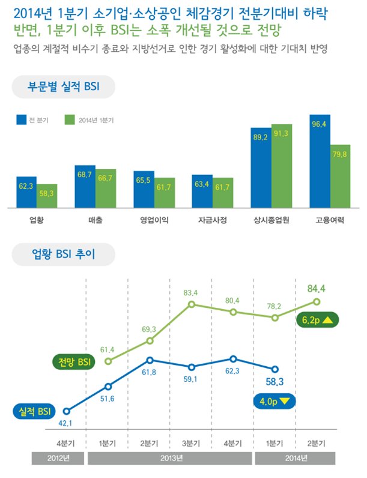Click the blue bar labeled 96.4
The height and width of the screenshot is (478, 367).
320,161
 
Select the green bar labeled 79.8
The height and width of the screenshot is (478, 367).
340,176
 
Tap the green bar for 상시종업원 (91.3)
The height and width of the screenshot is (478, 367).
282,166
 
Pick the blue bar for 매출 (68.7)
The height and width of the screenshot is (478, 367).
85,186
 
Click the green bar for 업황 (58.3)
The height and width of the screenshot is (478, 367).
47,196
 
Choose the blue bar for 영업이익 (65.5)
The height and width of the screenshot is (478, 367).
144,189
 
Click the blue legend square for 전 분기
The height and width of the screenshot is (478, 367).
21,120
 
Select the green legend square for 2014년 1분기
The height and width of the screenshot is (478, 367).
70,120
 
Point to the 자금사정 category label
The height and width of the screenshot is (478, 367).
213,220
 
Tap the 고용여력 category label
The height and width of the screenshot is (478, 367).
330,220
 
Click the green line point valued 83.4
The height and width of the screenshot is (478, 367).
192,304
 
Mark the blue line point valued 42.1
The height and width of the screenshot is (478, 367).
67,411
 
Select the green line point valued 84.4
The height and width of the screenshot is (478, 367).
317,302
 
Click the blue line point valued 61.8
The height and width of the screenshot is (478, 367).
150,360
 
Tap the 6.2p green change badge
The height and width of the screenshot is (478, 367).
317,320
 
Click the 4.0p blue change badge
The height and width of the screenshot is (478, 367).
274,401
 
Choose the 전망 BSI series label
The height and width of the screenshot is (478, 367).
74,362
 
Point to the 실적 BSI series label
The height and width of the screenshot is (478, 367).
34,411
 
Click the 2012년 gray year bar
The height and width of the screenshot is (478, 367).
58,458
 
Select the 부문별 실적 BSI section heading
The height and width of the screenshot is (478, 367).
63,87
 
